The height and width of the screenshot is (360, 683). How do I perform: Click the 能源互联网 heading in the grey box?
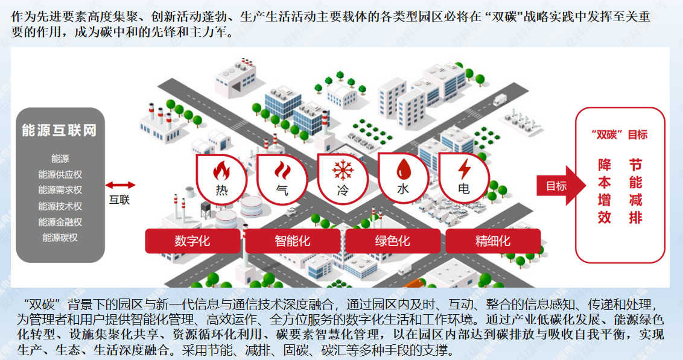(x=59, y=130)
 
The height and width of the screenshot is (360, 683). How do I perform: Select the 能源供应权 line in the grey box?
(x=60, y=174)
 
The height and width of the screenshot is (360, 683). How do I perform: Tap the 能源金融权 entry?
(x=60, y=222)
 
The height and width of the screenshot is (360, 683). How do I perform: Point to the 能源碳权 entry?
(x=60, y=238)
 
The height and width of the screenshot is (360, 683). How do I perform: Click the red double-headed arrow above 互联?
(x=119, y=185)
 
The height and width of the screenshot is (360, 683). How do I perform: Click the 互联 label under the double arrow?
(x=119, y=200)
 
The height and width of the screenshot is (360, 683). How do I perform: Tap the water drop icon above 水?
(x=402, y=169)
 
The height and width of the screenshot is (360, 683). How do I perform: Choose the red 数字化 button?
(x=192, y=241)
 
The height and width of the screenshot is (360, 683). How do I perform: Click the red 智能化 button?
(x=293, y=241)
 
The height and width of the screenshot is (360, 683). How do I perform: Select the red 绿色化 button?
(x=393, y=241)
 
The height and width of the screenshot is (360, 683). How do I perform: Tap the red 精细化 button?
(x=493, y=241)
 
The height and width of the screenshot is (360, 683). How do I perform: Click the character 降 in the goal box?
(x=604, y=165)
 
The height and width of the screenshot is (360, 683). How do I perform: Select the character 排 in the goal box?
(x=635, y=218)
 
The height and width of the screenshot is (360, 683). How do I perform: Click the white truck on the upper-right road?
(x=500, y=99)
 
